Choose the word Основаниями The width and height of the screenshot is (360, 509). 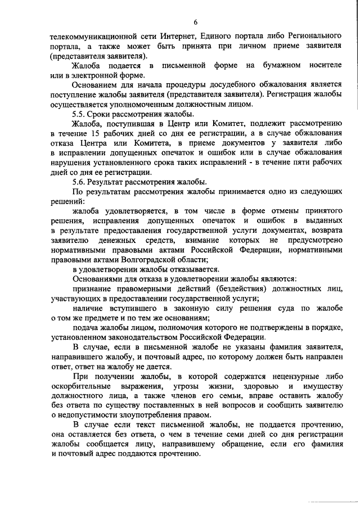(98, 279)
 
